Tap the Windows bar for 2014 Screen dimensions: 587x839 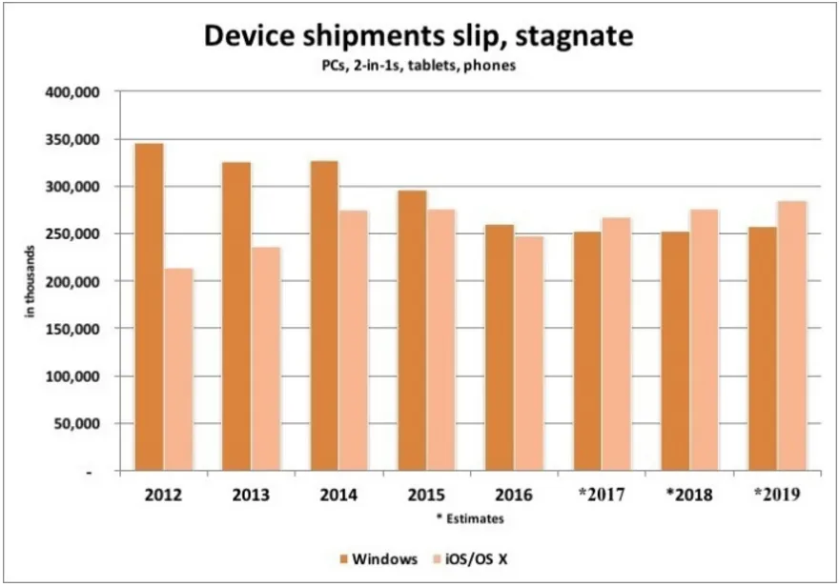(x=324, y=315)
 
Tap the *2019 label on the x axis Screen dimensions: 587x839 (x=775, y=496)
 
